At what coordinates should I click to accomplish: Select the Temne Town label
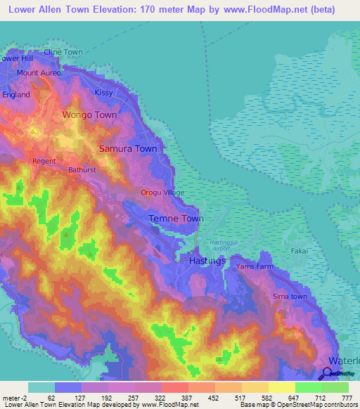tap(176, 219)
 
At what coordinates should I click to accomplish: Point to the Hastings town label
tap(207, 261)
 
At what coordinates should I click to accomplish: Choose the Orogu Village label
tap(162, 193)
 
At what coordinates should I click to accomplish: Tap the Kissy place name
tap(103, 93)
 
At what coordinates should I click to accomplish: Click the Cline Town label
tap(63, 52)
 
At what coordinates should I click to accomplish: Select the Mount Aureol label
tap(39, 73)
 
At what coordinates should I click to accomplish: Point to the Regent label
tap(44, 161)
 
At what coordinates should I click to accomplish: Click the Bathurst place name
tap(82, 170)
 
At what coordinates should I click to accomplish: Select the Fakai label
tap(300, 250)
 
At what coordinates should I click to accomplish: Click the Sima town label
tap(290, 297)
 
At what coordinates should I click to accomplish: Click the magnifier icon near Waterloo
tap(327, 374)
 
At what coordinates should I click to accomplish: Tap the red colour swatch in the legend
tap(174, 387)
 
